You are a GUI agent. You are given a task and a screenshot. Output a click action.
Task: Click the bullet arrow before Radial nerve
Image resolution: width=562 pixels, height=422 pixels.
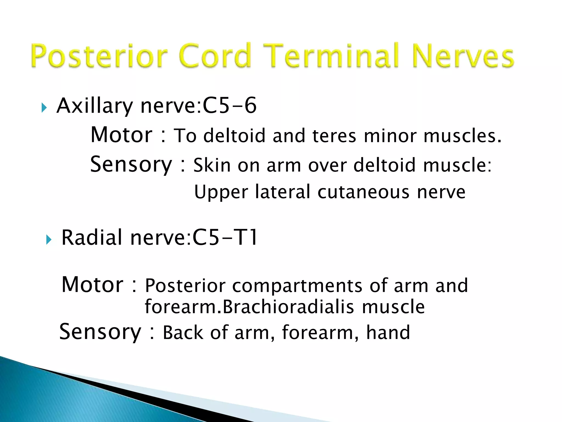[x=49, y=240]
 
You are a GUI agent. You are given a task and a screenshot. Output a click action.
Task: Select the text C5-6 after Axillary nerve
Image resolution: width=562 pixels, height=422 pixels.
[x=229, y=105]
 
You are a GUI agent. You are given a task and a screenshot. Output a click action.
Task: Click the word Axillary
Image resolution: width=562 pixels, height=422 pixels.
[x=95, y=106]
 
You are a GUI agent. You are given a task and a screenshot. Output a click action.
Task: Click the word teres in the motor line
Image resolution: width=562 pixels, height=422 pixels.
[x=334, y=136]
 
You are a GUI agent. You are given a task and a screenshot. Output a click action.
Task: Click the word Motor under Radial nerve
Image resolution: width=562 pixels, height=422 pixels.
[x=92, y=285]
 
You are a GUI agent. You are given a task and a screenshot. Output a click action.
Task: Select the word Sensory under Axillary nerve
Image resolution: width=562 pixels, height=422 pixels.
[x=131, y=164]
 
